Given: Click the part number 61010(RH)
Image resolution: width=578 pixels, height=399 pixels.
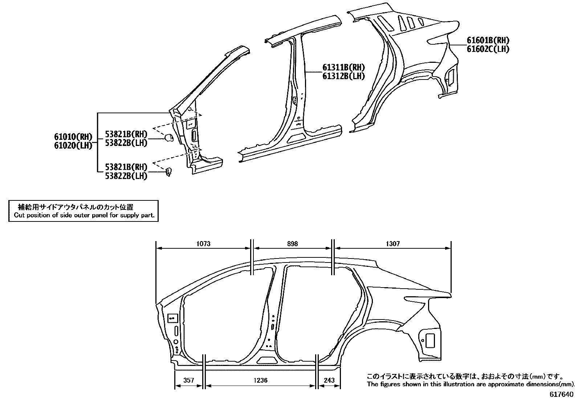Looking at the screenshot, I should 73,137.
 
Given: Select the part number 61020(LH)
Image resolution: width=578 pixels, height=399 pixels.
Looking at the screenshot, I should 73,145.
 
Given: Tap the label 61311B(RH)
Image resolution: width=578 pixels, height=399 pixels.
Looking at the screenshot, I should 343,68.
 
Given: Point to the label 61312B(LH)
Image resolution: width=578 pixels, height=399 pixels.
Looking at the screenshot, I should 343,76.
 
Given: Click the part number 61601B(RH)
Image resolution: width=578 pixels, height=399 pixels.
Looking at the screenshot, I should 488,40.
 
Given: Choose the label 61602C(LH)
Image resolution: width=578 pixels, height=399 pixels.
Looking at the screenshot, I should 488,49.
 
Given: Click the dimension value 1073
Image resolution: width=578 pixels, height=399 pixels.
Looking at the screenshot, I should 203,244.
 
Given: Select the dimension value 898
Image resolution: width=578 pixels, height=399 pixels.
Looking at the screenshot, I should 292,244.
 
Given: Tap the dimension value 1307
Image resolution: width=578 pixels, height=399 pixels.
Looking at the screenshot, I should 393,244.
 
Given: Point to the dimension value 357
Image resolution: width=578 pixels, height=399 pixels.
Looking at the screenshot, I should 188,380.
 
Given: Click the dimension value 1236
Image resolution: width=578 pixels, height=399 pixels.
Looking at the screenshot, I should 261,380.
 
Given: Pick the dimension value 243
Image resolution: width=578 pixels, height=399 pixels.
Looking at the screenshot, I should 329,380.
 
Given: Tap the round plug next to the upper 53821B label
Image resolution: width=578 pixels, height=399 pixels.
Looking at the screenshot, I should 169,138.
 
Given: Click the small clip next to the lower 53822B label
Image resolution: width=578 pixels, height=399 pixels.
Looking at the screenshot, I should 168,171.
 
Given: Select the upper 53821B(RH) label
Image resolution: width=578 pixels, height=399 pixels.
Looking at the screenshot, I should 126,134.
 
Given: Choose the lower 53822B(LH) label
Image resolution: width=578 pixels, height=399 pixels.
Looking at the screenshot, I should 126,176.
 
